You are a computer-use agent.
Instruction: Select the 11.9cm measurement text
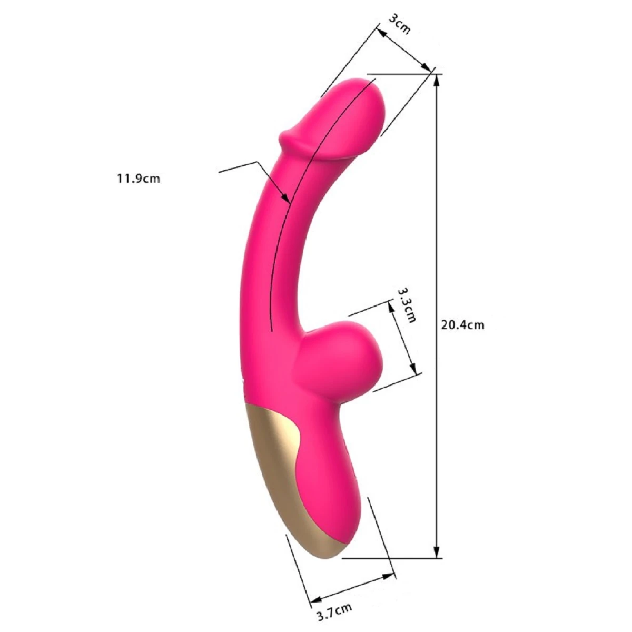139,179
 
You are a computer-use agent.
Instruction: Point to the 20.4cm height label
462,325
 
